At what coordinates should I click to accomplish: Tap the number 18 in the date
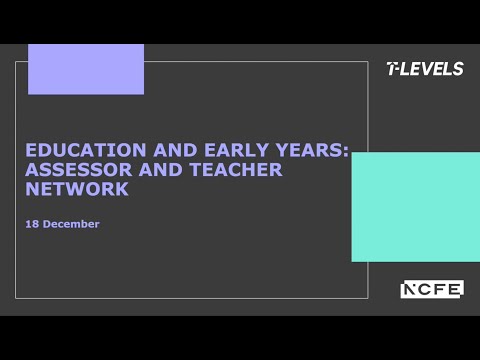(32, 224)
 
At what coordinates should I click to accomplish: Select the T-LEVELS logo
(425, 69)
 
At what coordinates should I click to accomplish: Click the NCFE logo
(432, 289)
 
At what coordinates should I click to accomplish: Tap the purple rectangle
(86, 69)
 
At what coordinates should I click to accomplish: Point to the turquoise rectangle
(415, 206)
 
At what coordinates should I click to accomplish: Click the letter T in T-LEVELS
(391, 69)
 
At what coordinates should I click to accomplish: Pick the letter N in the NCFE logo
(410, 289)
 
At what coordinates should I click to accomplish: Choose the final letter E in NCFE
(455, 289)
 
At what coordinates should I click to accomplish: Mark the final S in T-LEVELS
(458, 69)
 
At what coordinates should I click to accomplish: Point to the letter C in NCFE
(425, 289)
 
